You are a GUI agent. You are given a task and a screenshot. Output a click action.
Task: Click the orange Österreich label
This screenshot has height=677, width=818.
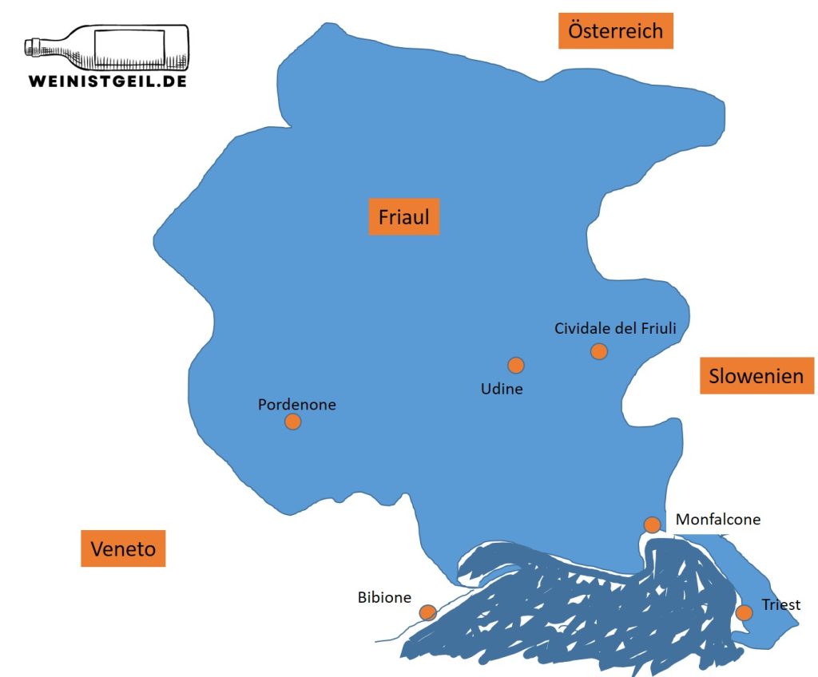(x=615, y=31)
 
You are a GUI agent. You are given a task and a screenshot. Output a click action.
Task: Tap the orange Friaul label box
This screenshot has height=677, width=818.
(x=404, y=216)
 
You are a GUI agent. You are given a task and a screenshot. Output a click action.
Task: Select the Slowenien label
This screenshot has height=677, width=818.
(x=756, y=375)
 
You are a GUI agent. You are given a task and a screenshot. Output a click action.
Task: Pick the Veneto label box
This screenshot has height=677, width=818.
(x=123, y=548)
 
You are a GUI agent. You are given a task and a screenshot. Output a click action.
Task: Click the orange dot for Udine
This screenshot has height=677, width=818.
(x=515, y=366)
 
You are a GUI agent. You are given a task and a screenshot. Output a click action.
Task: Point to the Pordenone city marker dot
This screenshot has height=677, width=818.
(x=293, y=422)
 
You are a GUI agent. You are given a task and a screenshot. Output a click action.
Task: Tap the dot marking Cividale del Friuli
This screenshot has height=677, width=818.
(x=599, y=351)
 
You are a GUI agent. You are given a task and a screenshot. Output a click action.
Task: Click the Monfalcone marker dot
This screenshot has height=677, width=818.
(x=652, y=525)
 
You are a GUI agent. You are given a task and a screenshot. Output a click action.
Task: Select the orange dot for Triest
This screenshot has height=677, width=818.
(x=744, y=612)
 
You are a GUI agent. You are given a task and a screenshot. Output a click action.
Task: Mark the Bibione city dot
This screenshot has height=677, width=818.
(x=428, y=612)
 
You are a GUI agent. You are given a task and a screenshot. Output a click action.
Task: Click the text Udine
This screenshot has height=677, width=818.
(x=502, y=390)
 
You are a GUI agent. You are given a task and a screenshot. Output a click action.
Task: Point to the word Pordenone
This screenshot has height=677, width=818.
(x=297, y=405)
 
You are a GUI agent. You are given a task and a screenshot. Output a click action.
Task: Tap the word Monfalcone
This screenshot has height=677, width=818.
(x=718, y=520)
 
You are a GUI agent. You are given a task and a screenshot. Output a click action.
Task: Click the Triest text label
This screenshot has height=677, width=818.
(x=780, y=604)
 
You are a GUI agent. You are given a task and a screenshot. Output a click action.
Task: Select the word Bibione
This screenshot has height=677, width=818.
(x=384, y=597)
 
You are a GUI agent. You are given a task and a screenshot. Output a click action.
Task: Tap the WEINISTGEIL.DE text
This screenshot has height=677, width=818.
(x=107, y=81)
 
